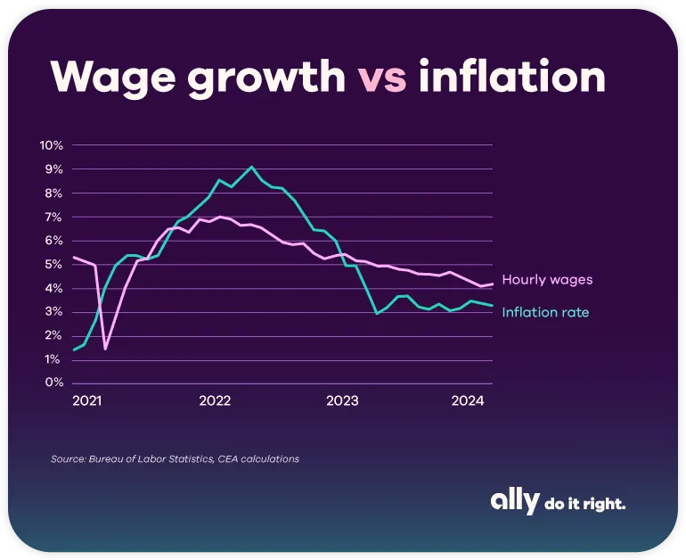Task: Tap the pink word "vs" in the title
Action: pyautogui.click(x=383, y=78)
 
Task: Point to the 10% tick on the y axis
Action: pyautogui.click(x=51, y=145)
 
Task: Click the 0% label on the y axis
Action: pyautogui.click(x=53, y=383)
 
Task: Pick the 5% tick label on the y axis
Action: pyautogui.click(x=53, y=264)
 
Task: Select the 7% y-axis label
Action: pyautogui.click(x=53, y=217)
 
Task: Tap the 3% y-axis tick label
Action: pyautogui.click(x=53, y=312)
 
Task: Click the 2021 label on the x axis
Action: pyautogui.click(x=86, y=401)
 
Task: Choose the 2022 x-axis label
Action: pyautogui.click(x=215, y=401)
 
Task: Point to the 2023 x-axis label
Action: pyautogui.click(x=341, y=401)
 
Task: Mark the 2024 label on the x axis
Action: pyautogui.click(x=467, y=401)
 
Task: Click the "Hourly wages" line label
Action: pyautogui.click(x=547, y=280)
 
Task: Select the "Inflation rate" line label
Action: pyautogui.click(x=545, y=312)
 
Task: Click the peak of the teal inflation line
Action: pyautogui.click(x=251, y=167)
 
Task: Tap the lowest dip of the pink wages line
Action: pyautogui.click(x=106, y=349)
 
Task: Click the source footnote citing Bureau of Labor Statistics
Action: pyautogui.click(x=175, y=459)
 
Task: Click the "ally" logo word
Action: pyautogui.click(x=514, y=502)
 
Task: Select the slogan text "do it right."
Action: pyautogui.click(x=584, y=504)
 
